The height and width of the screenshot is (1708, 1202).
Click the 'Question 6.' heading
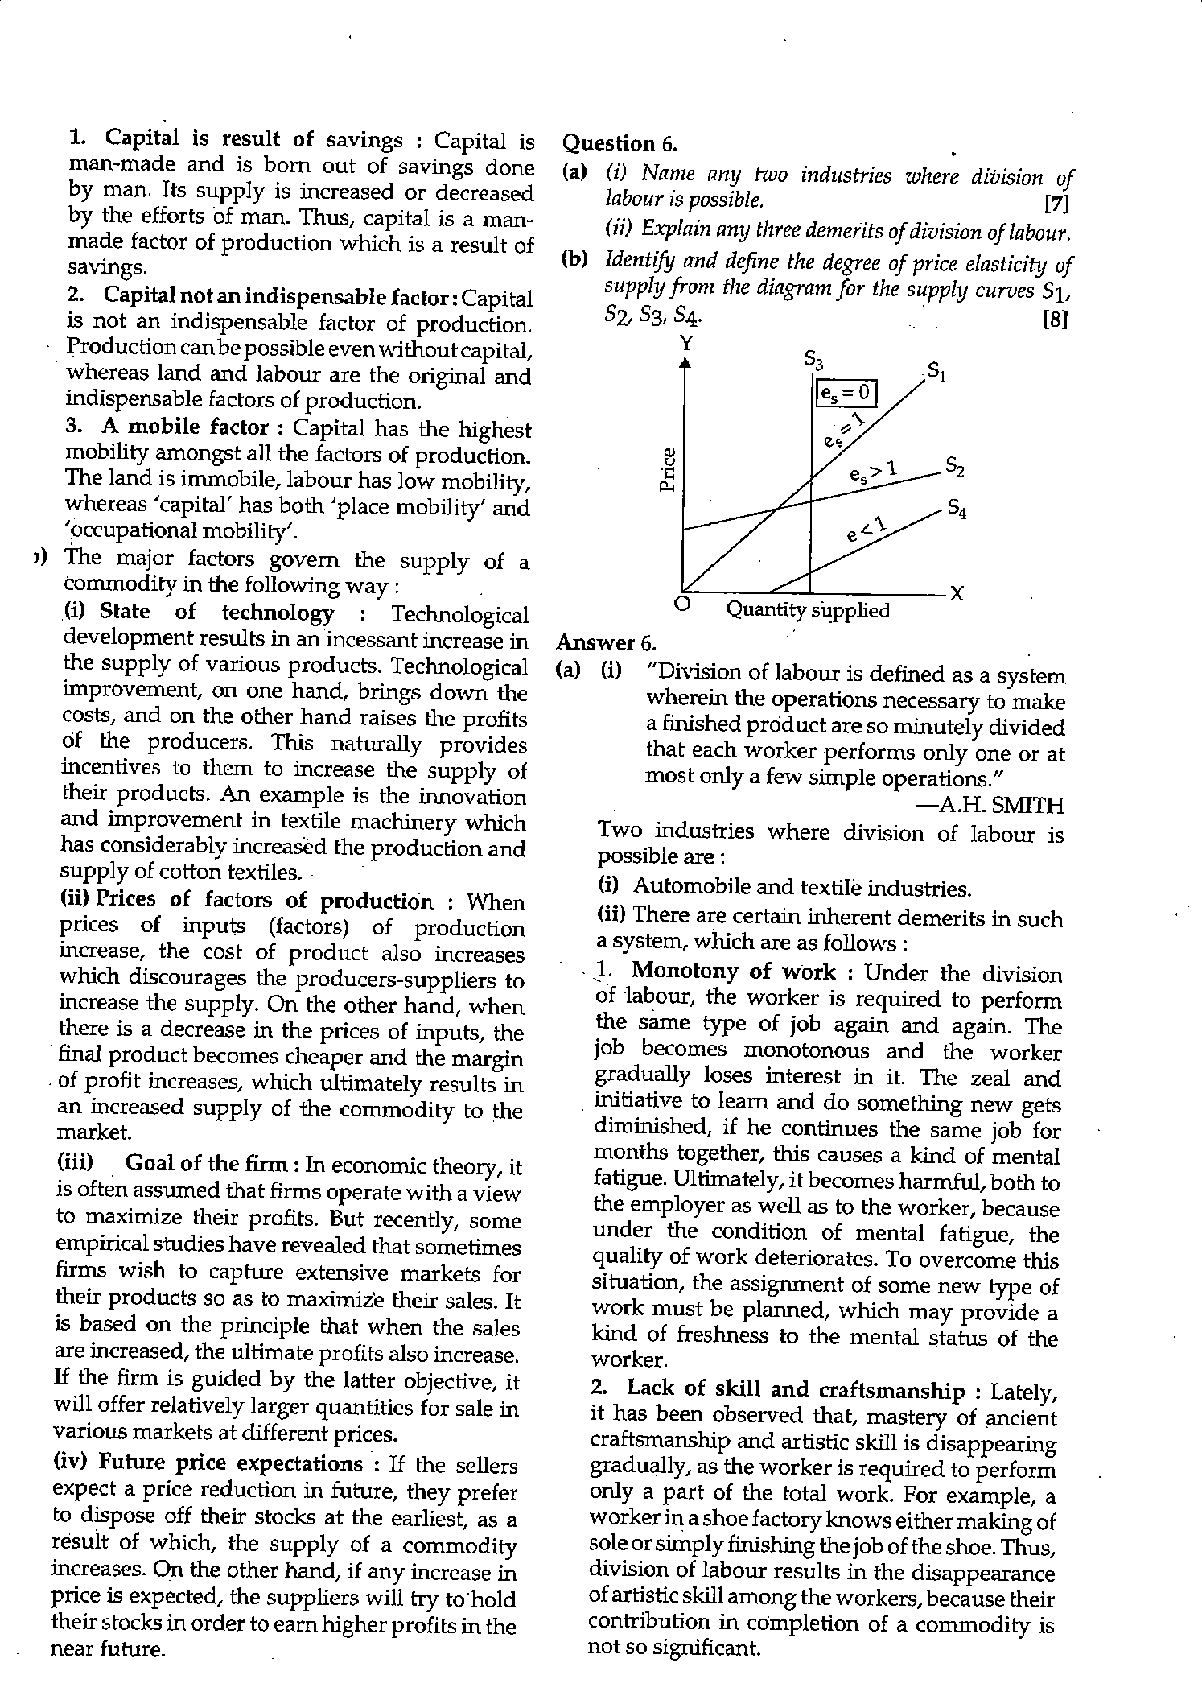[x=620, y=144]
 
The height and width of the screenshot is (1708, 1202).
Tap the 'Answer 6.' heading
[x=607, y=642]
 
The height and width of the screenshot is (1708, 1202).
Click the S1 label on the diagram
[x=936, y=373]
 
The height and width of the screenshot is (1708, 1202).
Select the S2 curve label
[x=954, y=466]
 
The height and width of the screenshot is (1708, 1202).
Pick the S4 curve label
[x=956, y=509]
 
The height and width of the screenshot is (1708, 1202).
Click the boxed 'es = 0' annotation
[x=844, y=393]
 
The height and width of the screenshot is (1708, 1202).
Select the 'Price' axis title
[x=668, y=468]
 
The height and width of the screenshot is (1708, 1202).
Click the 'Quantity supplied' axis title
[x=808, y=610]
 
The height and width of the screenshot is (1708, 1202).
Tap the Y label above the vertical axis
[x=685, y=344]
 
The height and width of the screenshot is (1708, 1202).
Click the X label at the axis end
[x=957, y=594]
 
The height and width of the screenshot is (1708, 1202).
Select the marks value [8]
[x=1055, y=320]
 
